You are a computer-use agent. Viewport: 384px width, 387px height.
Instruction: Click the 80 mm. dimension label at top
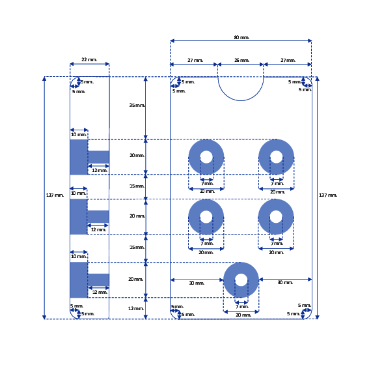point(241,37)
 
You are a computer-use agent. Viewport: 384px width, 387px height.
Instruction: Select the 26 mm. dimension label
point(241,60)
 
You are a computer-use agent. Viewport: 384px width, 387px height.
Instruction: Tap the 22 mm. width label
point(89,59)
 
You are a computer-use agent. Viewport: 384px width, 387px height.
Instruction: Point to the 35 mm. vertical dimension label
point(137,105)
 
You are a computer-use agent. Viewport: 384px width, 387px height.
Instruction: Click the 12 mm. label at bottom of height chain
point(135,308)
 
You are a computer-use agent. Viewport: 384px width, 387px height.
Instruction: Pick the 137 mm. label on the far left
point(55,195)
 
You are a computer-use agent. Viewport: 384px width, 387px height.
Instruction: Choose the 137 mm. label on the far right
point(328,195)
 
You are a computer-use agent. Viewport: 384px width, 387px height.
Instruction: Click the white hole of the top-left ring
point(206,157)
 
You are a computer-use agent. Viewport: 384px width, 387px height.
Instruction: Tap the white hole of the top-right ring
point(276,157)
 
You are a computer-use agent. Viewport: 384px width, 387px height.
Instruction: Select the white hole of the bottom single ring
point(241,280)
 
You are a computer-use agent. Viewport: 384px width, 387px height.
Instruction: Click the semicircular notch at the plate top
point(240,100)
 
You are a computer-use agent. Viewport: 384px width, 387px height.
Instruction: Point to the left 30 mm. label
point(197,283)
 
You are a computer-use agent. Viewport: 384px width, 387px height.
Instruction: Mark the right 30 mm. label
point(285,282)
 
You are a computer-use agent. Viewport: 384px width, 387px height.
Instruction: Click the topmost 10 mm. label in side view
point(79,134)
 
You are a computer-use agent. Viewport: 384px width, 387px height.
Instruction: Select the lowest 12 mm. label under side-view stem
point(100,293)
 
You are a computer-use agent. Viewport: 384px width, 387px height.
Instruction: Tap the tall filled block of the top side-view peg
point(79,157)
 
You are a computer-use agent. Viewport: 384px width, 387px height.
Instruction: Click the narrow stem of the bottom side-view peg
point(98,280)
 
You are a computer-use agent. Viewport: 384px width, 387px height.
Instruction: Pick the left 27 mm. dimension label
point(195,60)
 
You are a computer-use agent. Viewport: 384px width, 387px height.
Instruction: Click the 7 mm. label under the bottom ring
point(242,307)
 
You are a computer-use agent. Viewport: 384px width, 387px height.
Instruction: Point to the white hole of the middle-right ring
point(276,217)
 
